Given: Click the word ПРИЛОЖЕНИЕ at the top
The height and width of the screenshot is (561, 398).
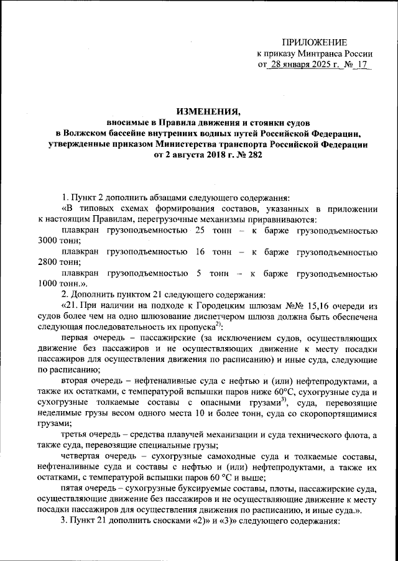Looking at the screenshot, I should coord(315,42).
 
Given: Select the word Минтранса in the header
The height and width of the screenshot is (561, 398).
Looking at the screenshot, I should coord(315,53).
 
